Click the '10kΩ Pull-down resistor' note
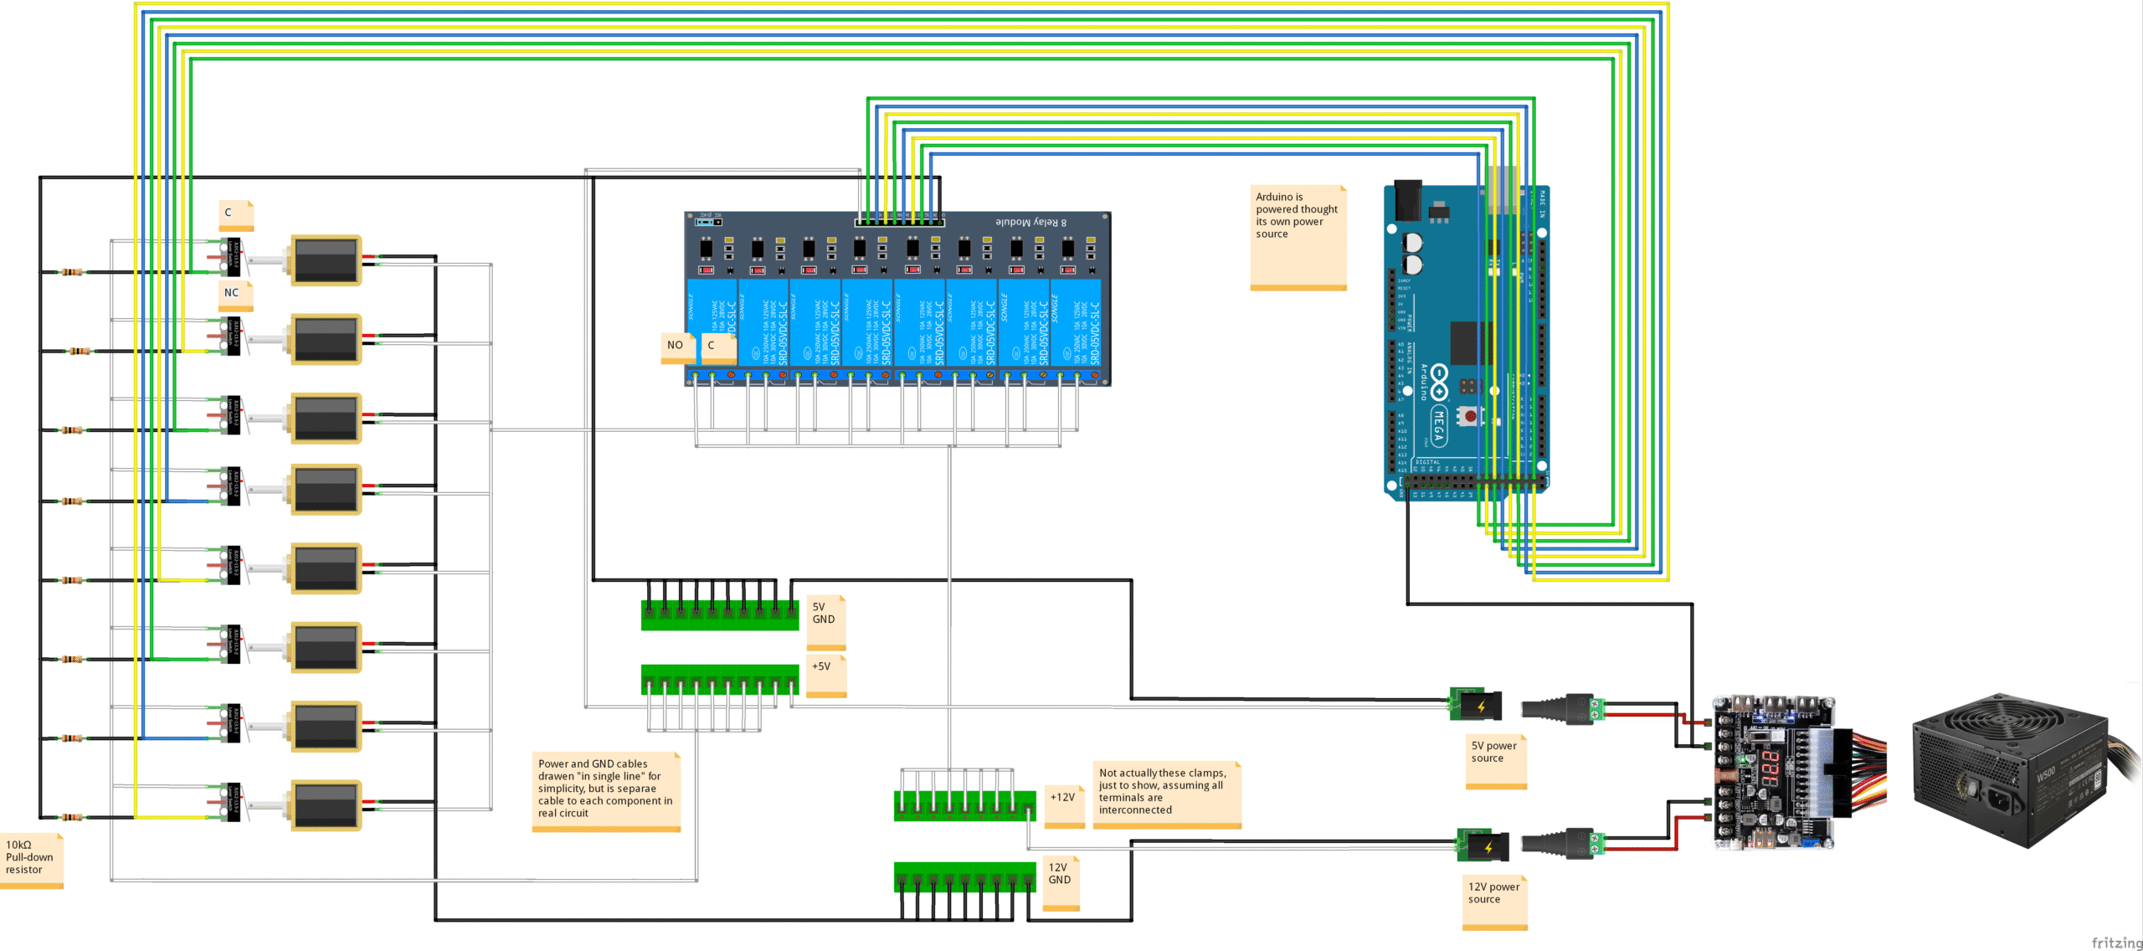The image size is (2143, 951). (30, 858)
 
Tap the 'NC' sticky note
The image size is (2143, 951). (234, 294)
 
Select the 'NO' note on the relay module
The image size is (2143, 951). (676, 346)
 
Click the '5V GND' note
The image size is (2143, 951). (825, 620)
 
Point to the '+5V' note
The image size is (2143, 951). (825, 674)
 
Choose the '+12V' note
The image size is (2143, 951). (1064, 804)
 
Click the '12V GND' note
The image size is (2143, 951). (1061, 882)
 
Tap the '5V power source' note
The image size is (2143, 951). (1495, 758)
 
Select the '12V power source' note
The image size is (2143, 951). (1494, 900)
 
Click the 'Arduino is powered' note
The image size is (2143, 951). (1298, 235)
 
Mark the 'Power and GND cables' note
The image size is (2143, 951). (605, 791)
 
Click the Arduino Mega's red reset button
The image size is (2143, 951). (1470, 416)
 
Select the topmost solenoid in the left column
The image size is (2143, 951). (326, 260)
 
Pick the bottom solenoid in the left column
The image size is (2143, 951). (326, 805)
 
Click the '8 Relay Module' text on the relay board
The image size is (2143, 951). (1030, 223)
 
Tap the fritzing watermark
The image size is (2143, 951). (2116, 943)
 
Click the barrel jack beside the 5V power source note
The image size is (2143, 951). (1477, 705)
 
